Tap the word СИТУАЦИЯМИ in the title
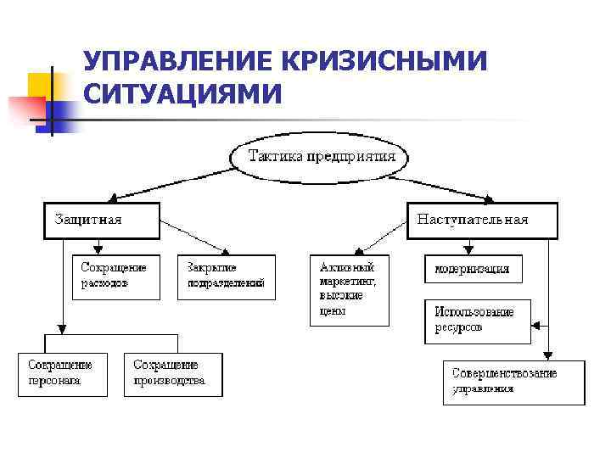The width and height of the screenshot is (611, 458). pyautogui.click(x=182, y=93)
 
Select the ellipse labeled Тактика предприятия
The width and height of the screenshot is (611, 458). pyautogui.click(x=321, y=157)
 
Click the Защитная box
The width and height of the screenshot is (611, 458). pyautogui.click(x=101, y=220)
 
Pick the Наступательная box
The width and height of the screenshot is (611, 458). pyautogui.click(x=482, y=220)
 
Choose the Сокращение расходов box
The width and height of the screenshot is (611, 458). pyautogui.click(x=115, y=276)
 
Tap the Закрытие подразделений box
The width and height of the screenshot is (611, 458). pyautogui.click(x=227, y=276)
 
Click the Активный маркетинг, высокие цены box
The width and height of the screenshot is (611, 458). pyautogui.click(x=349, y=289)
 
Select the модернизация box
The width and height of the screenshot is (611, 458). pyautogui.click(x=473, y=269)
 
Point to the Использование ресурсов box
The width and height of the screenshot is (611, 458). pyautogui.click(x=477, y=320)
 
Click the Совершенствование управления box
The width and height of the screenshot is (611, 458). pyautogui.click(x=513, y=382)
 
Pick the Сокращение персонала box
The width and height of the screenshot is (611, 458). pyautogui.click(x=63, y=374)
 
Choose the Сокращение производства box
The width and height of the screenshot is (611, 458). pyautogui.click(x=172, y=374)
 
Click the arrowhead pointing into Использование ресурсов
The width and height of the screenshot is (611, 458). pyautogui.click(x=534, y=324)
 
